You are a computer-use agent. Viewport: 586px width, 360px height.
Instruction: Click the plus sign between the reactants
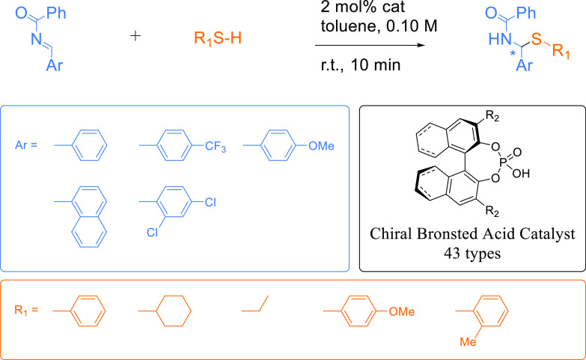[135, 35]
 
